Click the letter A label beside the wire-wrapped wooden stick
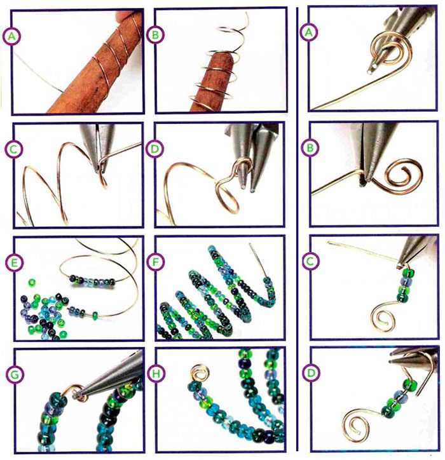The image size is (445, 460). [x=11, y=36]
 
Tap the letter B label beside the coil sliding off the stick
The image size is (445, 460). [x=155, y=35]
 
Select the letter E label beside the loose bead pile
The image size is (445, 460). [x=14, y=262]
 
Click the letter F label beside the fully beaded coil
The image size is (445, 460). [x=155, y=262]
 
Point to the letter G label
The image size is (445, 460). [x=15, y=375]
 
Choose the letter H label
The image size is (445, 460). [x=156, y=374]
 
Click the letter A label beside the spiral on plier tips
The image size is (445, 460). [x=308, y=32]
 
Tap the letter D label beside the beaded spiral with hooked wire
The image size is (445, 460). [x=311, y=373]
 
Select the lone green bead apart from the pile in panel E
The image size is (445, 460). [x=32, y=283]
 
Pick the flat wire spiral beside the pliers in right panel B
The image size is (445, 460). [x=397, y=177]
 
